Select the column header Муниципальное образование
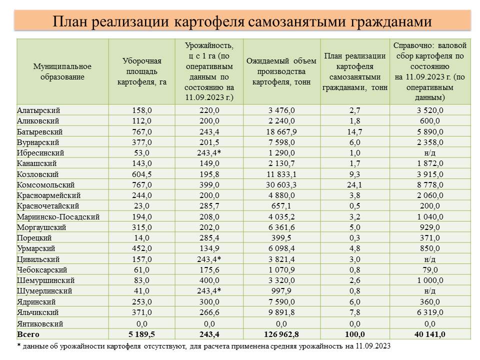(x=62, y=71)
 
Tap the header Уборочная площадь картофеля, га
(x=141, y=71)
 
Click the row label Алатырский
(x=38, y=110)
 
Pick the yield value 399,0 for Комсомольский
(x=209, y=185)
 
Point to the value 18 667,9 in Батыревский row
(x=281, y=132)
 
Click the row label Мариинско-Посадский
(x=58, y=216)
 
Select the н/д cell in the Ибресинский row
(x=430, y=153)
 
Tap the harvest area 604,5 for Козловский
(x=141, y=174)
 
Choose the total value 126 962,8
(x=281, y=334)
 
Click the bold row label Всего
(x=28, y=334)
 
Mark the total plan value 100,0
(x=355, y=334)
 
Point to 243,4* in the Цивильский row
(x=209, y=259)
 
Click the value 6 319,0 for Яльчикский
(x=430, y=312)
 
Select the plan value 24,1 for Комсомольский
(x=355, y=185)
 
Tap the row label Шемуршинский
(x=45, y=280)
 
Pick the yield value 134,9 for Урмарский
(x=209, y=248)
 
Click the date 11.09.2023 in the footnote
(x=373, y=346)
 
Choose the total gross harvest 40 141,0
(x=430, y=334)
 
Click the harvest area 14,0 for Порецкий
(x=141, y=238)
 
